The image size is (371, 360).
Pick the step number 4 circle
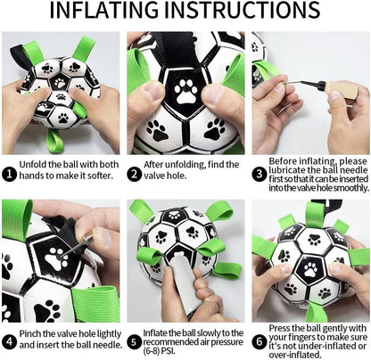pos(8,340)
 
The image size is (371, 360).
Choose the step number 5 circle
pos(133,340)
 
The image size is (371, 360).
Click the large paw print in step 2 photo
pos(185,92)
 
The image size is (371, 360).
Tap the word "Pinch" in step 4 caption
pos(31,334)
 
